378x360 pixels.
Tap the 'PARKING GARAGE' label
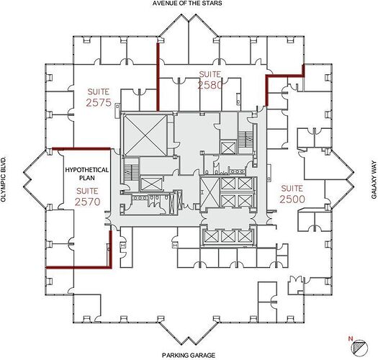(x=189, y=355)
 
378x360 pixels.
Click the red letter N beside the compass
(x=348, y=338)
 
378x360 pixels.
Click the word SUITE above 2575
(x=99, y=91)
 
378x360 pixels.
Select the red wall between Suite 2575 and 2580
(x=157, y=68)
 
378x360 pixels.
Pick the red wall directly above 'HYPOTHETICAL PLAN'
(x=77, y=148)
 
